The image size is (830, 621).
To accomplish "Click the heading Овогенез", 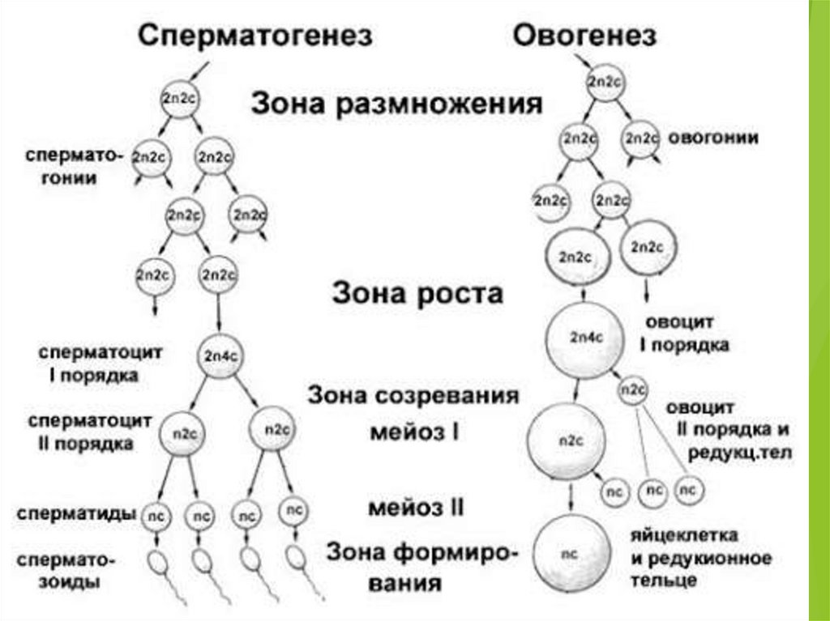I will [x=584, y=36].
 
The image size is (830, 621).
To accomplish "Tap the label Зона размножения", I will [x=396, y=104].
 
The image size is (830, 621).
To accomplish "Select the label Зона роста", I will [x=417, y=293].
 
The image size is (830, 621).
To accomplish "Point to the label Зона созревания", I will [x=413, y=397].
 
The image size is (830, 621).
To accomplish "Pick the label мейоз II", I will [x=415, y=508].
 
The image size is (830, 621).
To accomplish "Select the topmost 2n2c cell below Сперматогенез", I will [x=179, y=98].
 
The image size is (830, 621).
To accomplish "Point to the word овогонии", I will [x=712, y=138].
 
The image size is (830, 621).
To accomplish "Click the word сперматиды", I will [x=75, y=513].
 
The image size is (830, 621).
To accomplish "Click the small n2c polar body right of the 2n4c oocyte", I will [x=632, y=391].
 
